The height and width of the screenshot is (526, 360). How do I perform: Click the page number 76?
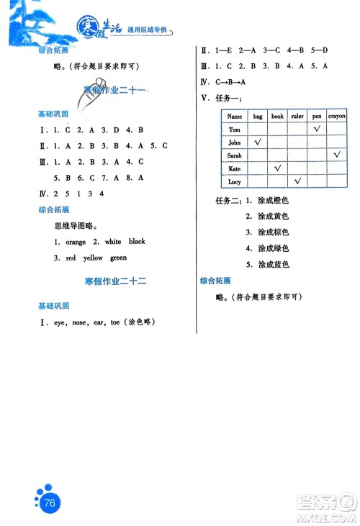(x=50, y=503)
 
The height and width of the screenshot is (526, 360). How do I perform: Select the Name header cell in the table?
(x=234, y=116)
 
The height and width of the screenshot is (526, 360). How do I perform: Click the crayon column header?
(x=337, y=116)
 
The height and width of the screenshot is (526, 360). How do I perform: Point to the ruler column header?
(x=297, y=116)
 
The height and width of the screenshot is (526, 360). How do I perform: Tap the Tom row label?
(x=234, y=130)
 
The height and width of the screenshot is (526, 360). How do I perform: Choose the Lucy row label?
(x=234, y=181)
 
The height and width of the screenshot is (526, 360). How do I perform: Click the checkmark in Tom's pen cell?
(x=317, y=129)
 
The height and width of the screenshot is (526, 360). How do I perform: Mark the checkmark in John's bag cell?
(x=257, y=142)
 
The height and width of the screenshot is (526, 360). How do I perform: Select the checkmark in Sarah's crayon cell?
(x=337, y=155)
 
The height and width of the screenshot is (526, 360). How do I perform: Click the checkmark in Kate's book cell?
(x=277, y=168)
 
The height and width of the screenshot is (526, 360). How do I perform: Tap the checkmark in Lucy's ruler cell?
(x=297, y=181)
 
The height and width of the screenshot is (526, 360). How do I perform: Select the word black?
(x=137, y=242)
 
